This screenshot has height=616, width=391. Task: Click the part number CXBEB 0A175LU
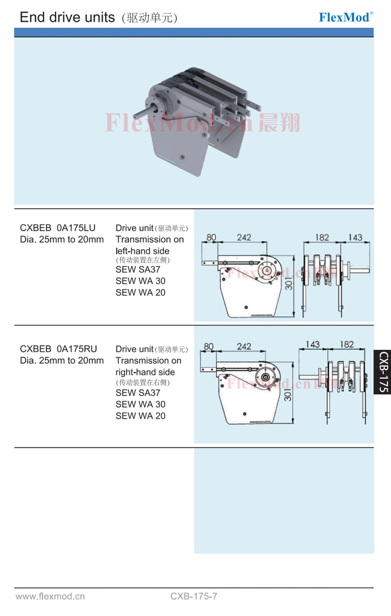point(58,228)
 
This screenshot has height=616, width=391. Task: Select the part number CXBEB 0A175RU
point(58,349)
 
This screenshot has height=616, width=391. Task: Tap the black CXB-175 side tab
point(383,372)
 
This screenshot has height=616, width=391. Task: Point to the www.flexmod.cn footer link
point(50,596)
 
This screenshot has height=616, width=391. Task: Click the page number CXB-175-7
point(194,596)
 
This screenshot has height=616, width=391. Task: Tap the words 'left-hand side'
point(142,251)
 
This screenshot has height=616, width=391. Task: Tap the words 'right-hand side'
point(145,372)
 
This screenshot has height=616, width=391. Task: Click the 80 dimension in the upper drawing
point(211,237)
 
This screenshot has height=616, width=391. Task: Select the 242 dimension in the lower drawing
point(244,346)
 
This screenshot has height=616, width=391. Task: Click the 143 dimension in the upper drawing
point(355,237)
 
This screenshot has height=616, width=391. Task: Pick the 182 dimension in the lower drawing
point(347,344)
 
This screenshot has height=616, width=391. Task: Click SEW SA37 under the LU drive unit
point(138,269)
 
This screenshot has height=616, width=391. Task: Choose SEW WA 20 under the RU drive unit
point(140,416)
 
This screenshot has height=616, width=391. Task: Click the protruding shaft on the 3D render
point(142,114)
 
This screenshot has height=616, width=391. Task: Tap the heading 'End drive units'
point(67,17)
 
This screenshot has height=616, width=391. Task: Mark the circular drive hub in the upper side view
point(267,270)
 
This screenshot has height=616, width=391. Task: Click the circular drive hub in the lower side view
point(265,377)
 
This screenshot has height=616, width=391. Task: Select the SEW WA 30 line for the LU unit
point(140,281)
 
